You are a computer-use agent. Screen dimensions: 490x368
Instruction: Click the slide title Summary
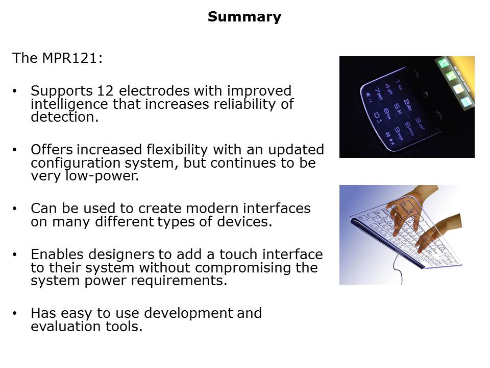pos(244,17)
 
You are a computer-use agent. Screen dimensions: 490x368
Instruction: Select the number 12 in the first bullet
pos(105,91)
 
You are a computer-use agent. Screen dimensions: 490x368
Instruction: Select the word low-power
pos(102,176)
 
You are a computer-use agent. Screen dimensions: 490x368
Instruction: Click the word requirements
pos(179,281)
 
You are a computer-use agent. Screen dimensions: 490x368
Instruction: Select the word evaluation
pos(66,327)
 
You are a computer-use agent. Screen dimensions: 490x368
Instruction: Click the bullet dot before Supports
pos(14,91)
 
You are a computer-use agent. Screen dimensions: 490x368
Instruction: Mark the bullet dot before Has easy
pos(14,313)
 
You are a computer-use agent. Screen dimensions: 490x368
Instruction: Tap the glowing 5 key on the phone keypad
pos(396,107)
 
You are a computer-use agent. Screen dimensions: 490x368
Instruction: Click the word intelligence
pos(70,104)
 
